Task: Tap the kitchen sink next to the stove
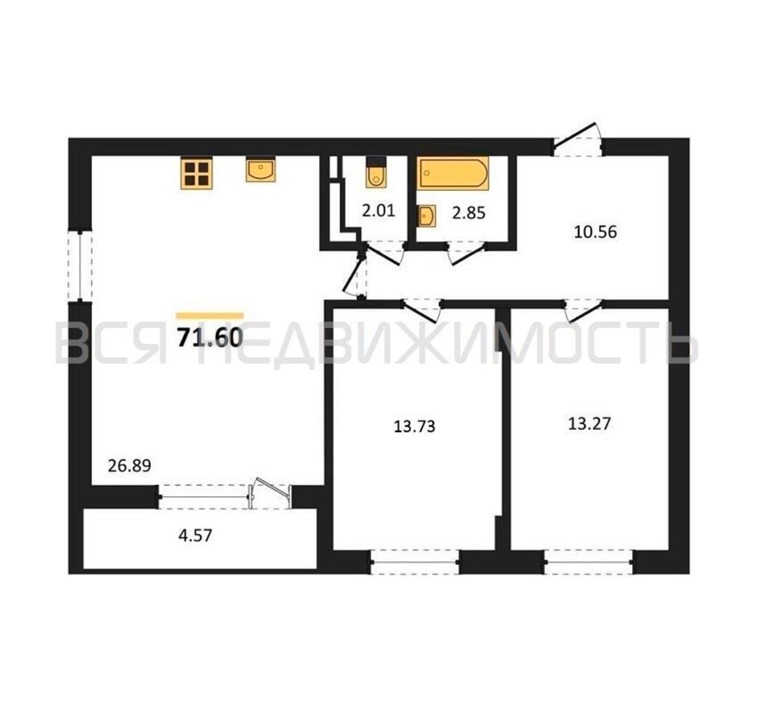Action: [261, 170]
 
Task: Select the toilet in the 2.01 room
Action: [376, 172]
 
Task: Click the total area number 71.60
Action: [210, 337]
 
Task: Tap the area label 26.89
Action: [129, 466]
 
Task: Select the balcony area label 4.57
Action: [195, 536]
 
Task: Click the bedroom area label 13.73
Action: [414, 426]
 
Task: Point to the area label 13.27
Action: [590, 424]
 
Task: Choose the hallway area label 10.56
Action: [595, 232]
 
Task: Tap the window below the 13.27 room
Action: [589, 562]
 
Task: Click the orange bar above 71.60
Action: [210, 316]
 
